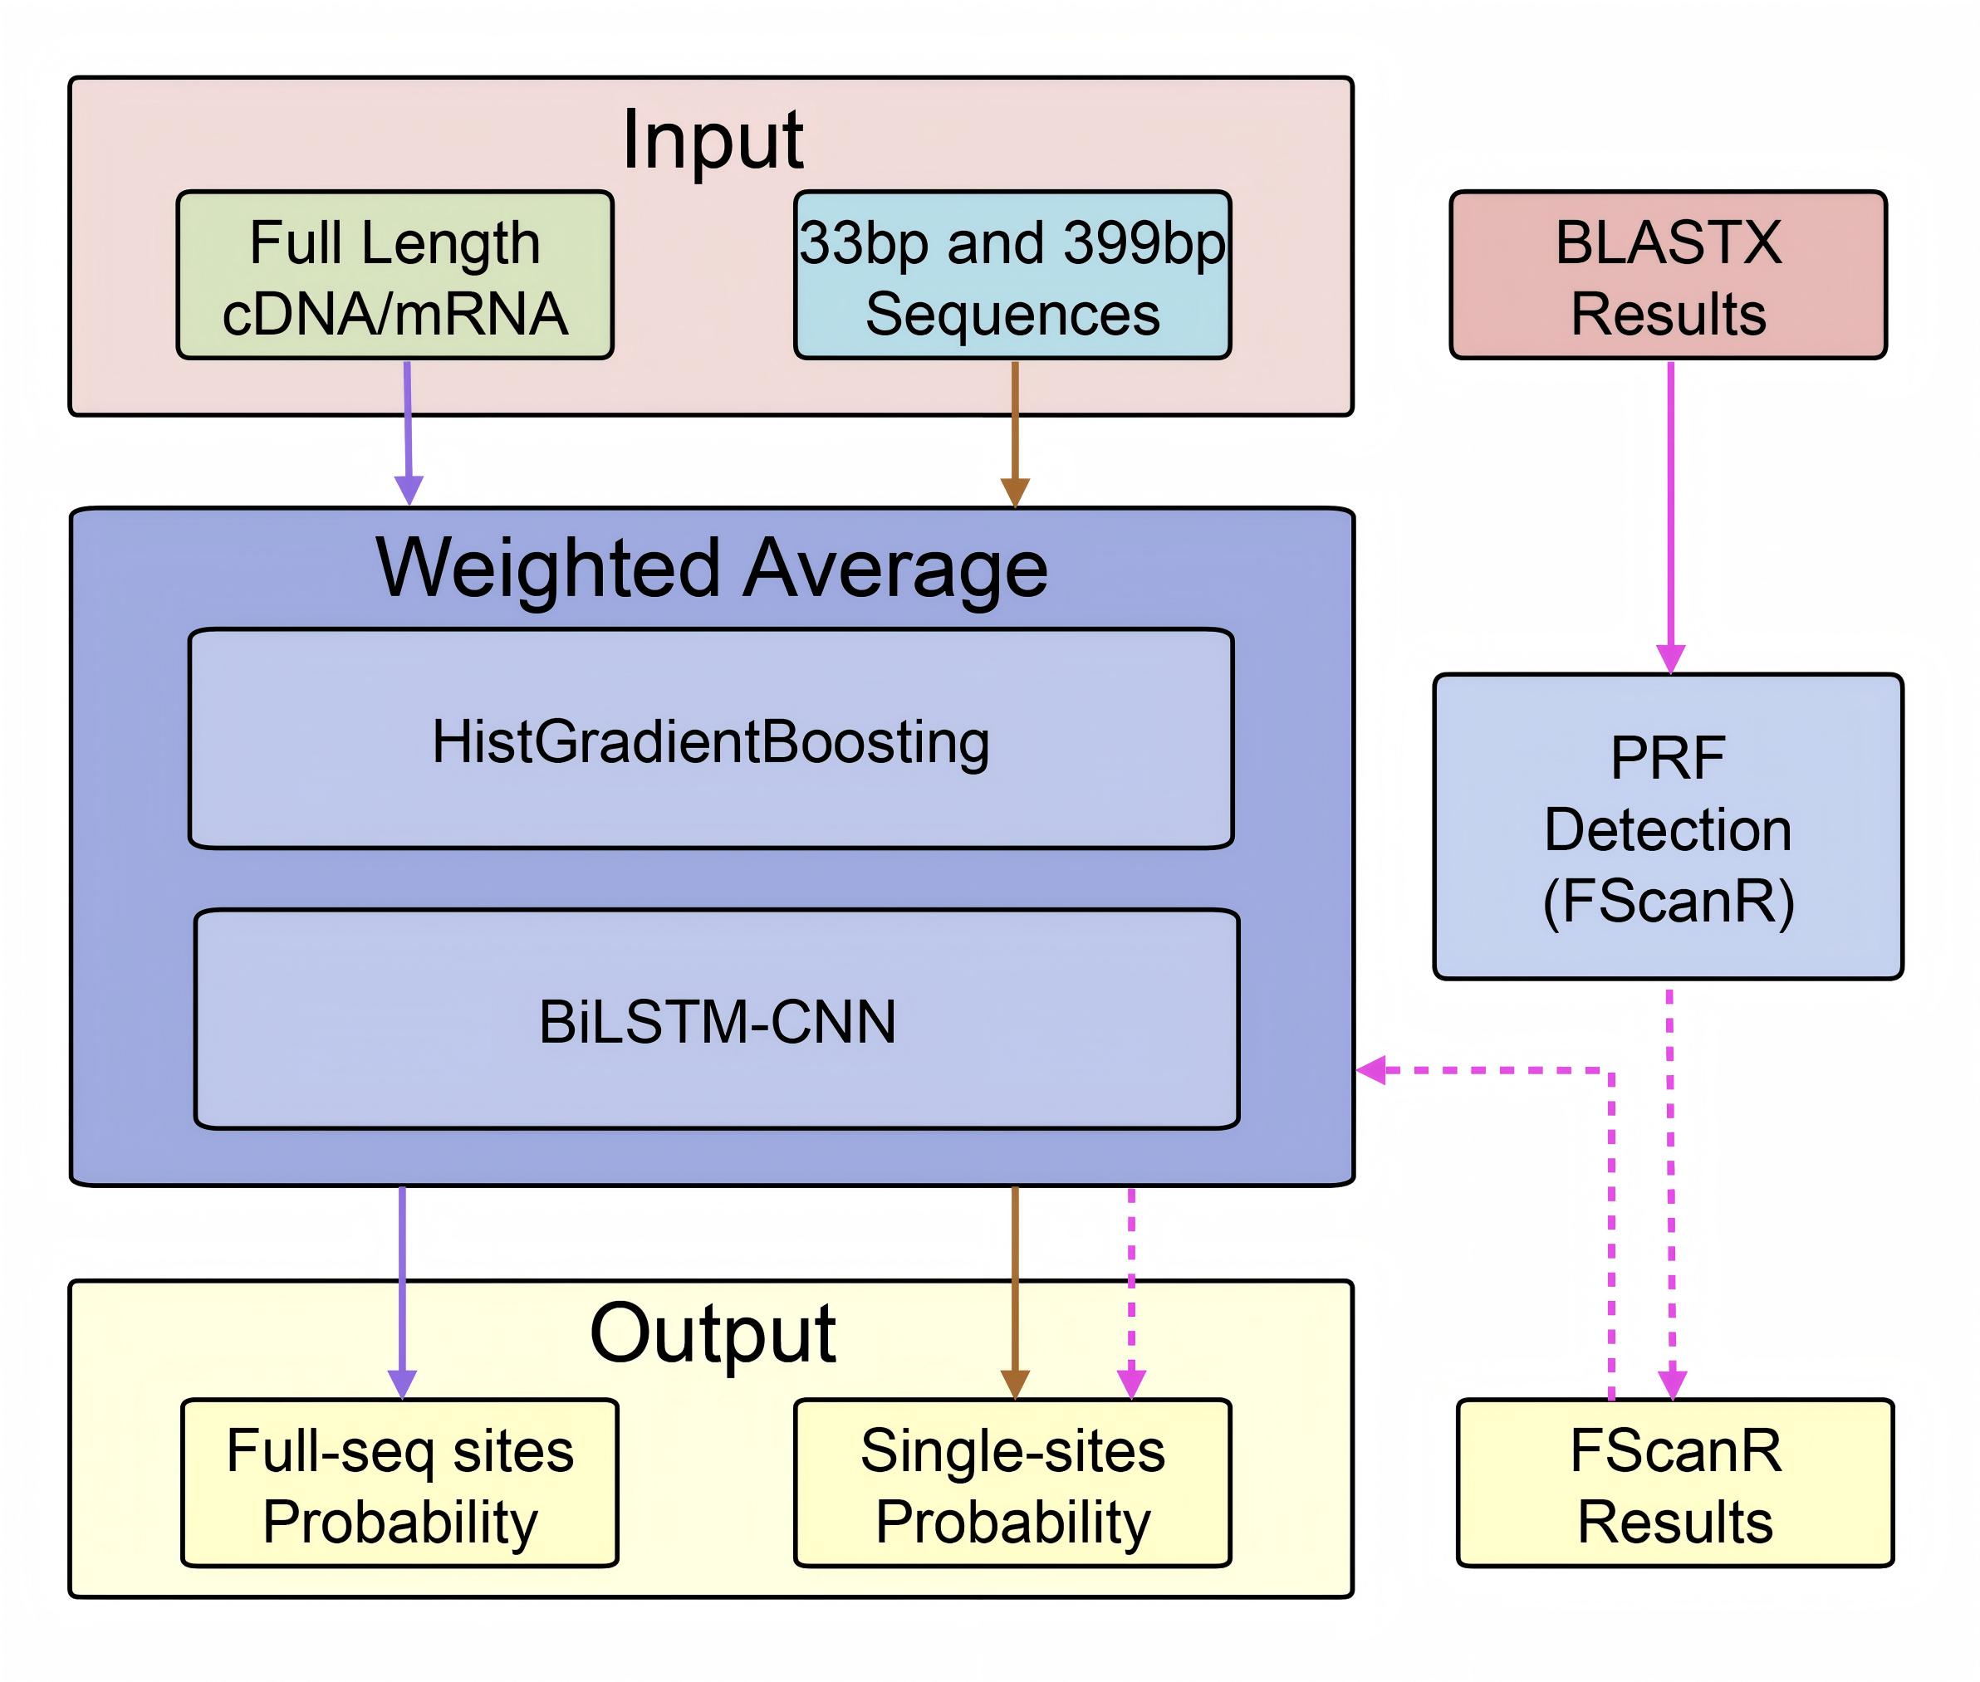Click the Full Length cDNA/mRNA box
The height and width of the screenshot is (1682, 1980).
click(x=395, y=276)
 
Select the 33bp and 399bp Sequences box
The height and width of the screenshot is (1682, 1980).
click(x=1012, y=276)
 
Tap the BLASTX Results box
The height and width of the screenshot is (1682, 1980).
click(x=1667, y=276)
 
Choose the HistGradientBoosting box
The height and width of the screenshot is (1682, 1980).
click(x=711, y=739)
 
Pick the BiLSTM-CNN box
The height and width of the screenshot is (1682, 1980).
click(x=716, y=1019)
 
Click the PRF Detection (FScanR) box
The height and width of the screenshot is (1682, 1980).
click(x=1667, y=827)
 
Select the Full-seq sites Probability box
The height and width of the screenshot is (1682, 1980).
click(x=399, y=1484)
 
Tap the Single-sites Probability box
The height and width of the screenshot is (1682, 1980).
click(x=1012, y=1484)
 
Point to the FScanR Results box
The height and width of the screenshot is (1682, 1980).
click(x=1675, y=1484)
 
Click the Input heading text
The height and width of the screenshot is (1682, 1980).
click(x=713, y=140)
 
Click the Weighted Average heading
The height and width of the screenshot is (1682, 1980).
click(x=712, y=569)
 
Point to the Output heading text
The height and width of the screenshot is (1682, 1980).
click(x=713, y=1333)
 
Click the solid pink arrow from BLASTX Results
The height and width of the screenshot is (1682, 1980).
click(x=1670, y=515)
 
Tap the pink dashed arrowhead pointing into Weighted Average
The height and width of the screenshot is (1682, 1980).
click(x=1371, y=1070)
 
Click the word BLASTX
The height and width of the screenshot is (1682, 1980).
click(x=1667, y=242)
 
